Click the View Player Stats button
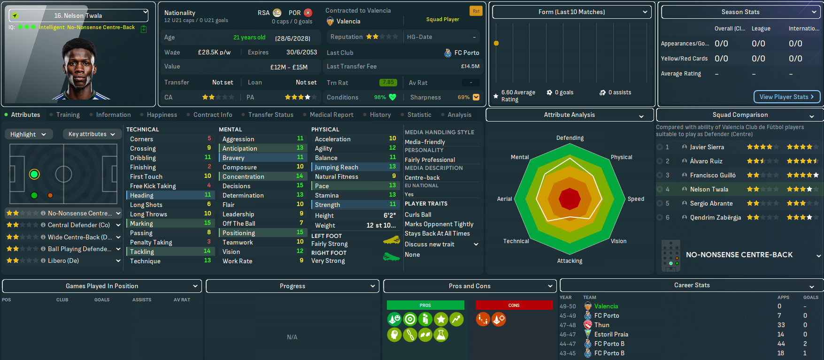coord(786,97)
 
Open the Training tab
coord(68,115)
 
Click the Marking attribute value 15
coord(208,223)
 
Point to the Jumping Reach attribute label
coord(336,167)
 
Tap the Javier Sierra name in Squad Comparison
coord(707,147)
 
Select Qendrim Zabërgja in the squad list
coord(715,217)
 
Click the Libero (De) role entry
coord(63,260)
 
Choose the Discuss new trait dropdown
coord(441,244)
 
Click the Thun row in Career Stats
coord(601,325)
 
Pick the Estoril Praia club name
coord(611,334)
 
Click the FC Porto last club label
coord(466,53)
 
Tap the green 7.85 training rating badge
coord(388,82)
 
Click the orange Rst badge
coord(476,11)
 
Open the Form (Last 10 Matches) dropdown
coord(571,12)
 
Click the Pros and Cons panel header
coord(470,286)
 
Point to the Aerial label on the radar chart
coord(504,199)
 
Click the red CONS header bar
coord(514,305)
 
